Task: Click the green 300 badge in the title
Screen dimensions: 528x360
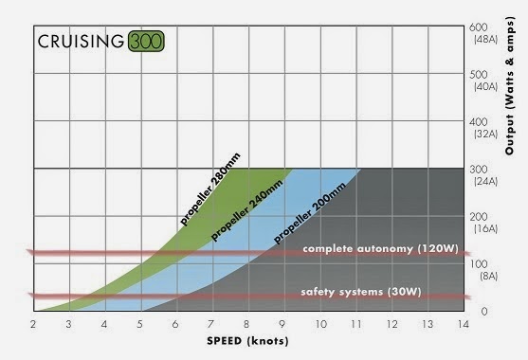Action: [x=146, y=42]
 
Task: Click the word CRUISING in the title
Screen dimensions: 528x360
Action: [x=81, y=42]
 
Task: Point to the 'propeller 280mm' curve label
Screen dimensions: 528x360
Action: [x=210, y=189]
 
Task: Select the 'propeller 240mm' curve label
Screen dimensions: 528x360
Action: [x=246, y=211]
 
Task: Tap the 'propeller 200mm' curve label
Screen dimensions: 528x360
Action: [x=309, y=213]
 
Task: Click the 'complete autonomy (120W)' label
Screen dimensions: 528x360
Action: [x=380, y=249]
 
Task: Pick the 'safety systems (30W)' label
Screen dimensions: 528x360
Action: [x=361, y=292]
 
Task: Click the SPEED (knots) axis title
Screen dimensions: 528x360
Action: [x=247, y=341]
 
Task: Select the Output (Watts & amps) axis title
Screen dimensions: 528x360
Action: [x=510, y=86]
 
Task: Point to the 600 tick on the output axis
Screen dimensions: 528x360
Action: [x=479, y=27]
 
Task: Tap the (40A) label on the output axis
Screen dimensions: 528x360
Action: [x=486, y=86]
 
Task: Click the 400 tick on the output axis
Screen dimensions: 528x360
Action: [x=479, y=122]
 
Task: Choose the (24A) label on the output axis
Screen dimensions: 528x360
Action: [x=486, y=182]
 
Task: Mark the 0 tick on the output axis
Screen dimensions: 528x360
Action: [x=484, y=312]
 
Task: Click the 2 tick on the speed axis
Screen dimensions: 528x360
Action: [x=33, y=324]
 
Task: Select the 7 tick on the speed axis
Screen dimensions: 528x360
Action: [x=210, y=324]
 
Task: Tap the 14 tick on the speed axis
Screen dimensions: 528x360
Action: [x=464, y=324]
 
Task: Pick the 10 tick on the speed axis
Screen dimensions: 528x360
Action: [x=321, y=324]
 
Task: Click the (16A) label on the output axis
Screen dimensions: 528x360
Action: [x=486, y=229]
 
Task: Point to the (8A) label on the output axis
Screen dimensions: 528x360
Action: [x=489, y=277]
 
